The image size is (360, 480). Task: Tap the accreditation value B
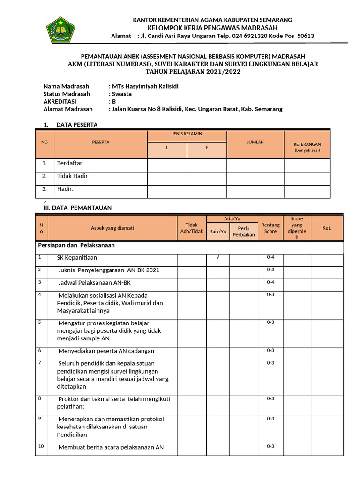[113, 101]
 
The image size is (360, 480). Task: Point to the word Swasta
[122, 94]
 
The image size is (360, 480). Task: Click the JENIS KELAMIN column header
[187, 134]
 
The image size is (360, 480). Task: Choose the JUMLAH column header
[255, 142]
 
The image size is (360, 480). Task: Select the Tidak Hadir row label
[72, 176]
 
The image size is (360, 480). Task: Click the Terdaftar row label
[69, 164]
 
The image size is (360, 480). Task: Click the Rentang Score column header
[270, 228]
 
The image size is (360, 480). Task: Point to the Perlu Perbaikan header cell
[244, 232]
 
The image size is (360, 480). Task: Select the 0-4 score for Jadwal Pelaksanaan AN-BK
[270, 282]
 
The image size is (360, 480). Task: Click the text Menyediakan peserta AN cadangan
[106, 351]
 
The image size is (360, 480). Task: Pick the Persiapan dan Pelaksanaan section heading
[76, 246]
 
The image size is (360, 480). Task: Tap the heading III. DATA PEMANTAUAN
[74, 208]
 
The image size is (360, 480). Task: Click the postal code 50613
[305, 36]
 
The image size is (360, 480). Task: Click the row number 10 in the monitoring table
[41, 446]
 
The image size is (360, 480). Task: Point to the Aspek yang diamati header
[112, 228]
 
